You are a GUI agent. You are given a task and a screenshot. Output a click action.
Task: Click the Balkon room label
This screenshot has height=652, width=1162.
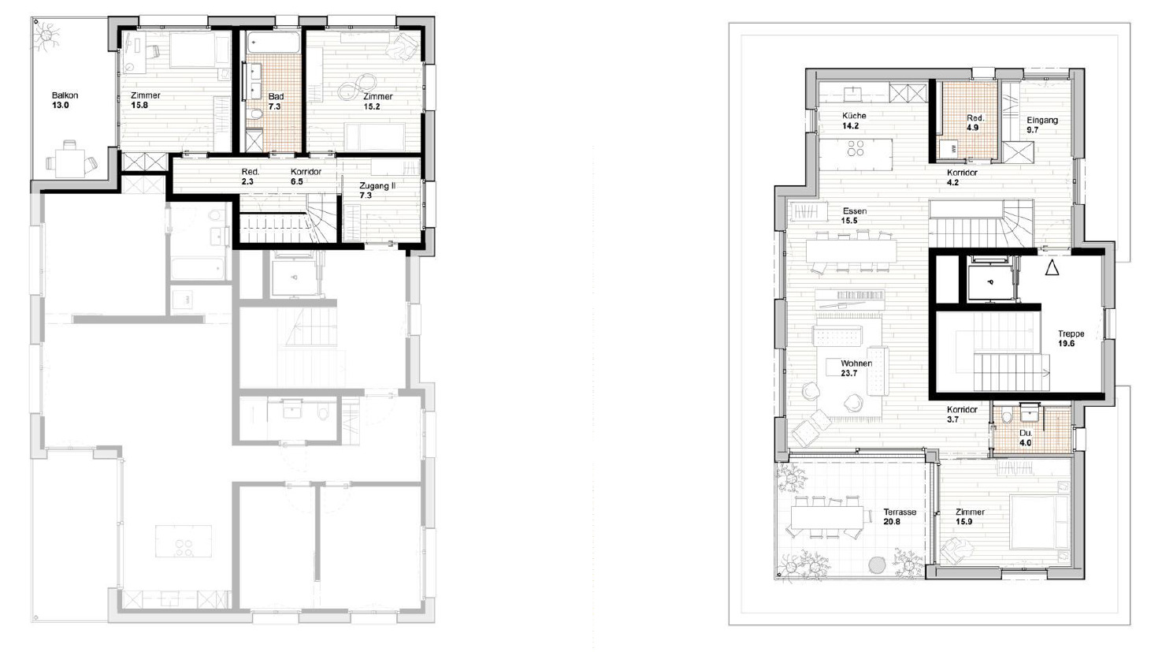65,95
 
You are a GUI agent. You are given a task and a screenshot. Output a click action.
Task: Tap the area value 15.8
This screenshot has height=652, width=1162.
139,106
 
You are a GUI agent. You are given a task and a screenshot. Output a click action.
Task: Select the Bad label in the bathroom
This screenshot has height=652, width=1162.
276,96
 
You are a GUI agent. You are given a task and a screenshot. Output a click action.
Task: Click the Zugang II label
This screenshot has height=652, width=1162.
377,186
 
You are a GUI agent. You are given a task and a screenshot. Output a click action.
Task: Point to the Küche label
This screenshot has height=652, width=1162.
854,116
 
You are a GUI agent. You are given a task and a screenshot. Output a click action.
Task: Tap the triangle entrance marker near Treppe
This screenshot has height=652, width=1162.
1052,268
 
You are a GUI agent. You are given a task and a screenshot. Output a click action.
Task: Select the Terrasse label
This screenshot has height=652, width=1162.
900,512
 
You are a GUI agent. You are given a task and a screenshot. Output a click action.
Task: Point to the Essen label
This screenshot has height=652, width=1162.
854,211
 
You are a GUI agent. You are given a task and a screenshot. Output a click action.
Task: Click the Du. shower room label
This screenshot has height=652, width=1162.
1025,433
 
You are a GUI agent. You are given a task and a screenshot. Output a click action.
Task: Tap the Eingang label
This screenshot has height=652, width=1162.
1041,121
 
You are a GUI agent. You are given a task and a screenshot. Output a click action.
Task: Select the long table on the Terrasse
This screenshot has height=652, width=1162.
825,518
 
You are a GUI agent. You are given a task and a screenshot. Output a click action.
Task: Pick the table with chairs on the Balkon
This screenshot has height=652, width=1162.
71,160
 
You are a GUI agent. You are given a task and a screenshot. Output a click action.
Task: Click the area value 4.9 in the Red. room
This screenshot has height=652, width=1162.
973,128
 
